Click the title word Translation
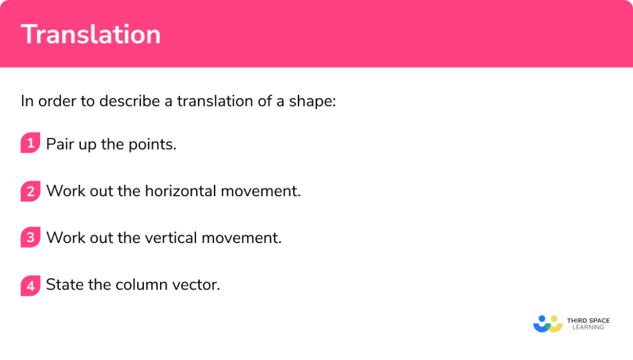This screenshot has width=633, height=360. click(x=91, y=34)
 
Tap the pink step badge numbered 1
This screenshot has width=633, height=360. click(x=30, y=144)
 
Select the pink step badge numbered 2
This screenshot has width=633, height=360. click(x=30, y=191)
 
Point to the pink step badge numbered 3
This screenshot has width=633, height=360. click(x=30, y=238)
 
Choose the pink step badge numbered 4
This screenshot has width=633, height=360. click(x=30, y=285)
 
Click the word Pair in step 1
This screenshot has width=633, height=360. click(x=60, y=144)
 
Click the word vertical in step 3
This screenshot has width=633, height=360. click(x=171, y=238)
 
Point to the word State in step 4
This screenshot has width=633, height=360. click(x=65, y=285)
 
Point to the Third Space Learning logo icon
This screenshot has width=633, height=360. click(x=548, y=324)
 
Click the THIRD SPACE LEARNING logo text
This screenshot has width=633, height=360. click(x=588, y=324)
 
